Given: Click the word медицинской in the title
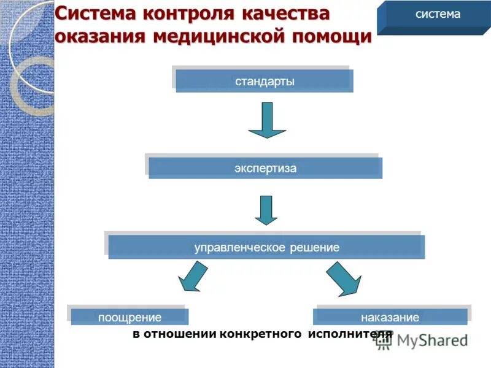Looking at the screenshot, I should (x=215, y=36).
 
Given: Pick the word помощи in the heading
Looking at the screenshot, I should (x=331, y=36).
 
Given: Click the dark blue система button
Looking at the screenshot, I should (x=437, y=15).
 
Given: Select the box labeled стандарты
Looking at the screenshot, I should (x=264, y=81).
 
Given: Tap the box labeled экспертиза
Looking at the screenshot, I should (x=265, y=168).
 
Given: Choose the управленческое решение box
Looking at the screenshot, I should (x=266, y=247).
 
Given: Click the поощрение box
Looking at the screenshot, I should (x=130, y=317).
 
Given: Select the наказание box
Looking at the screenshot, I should (x=390, y=317).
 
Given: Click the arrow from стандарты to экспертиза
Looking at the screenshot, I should (x=267, y=120).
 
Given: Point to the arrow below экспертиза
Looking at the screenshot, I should (x=266, y=210).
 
